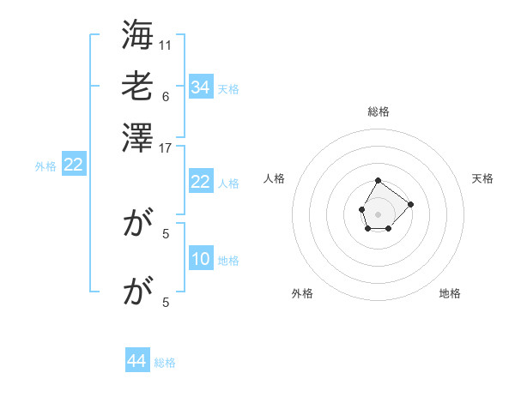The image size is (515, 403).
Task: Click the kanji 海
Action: pos(137,37)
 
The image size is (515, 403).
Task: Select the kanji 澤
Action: pos(137,136)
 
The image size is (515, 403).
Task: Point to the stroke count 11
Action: pos(166,45)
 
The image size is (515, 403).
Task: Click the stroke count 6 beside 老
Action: pos(165,96)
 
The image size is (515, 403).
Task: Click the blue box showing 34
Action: pos(200,87)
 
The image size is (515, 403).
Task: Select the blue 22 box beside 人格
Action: pos(200,182)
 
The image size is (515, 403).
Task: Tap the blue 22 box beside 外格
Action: pos(73,165)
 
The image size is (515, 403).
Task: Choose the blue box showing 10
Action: pos(200,260)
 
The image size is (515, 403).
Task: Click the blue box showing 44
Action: pos(137,361)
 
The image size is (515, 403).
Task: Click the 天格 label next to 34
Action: pos(227,89)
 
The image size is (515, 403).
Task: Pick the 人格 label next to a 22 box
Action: pos(227,183)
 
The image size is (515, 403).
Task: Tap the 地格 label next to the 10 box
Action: pos(227,261)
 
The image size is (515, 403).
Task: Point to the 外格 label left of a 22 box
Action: pos(45,166)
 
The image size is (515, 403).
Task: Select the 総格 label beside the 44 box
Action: pos(165,363)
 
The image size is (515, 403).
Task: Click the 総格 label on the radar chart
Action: pos(378,111)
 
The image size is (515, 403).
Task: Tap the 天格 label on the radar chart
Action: pos(482,178)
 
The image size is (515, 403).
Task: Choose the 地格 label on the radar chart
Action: pos(450,294)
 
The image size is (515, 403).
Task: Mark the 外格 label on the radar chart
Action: pos(302,294)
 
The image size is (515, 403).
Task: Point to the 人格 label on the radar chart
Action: pos(275,178)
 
